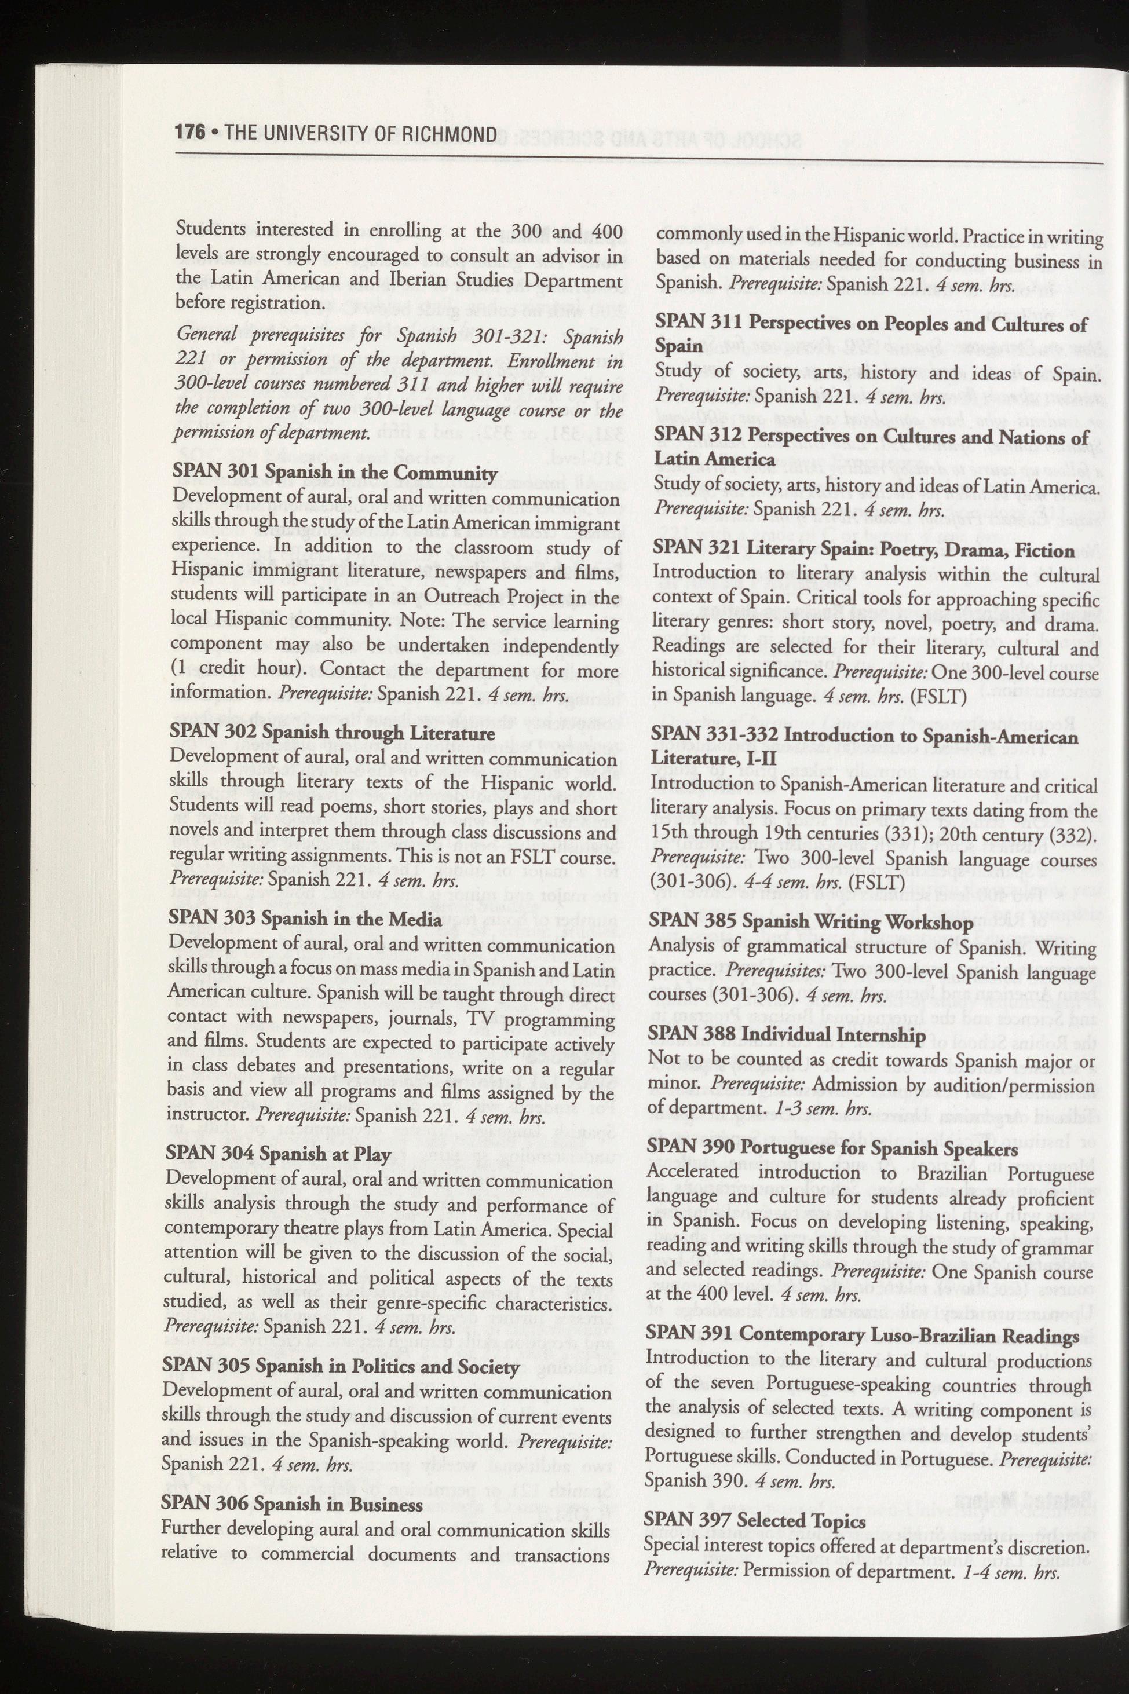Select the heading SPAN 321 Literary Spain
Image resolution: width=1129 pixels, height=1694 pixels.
point(863,551)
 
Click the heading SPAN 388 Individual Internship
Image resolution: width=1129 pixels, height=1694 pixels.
point(786,1034)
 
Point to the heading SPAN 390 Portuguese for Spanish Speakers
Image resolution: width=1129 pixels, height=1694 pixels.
point(832,1148)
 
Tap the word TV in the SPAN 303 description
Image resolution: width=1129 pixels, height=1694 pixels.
point(491,1019)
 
